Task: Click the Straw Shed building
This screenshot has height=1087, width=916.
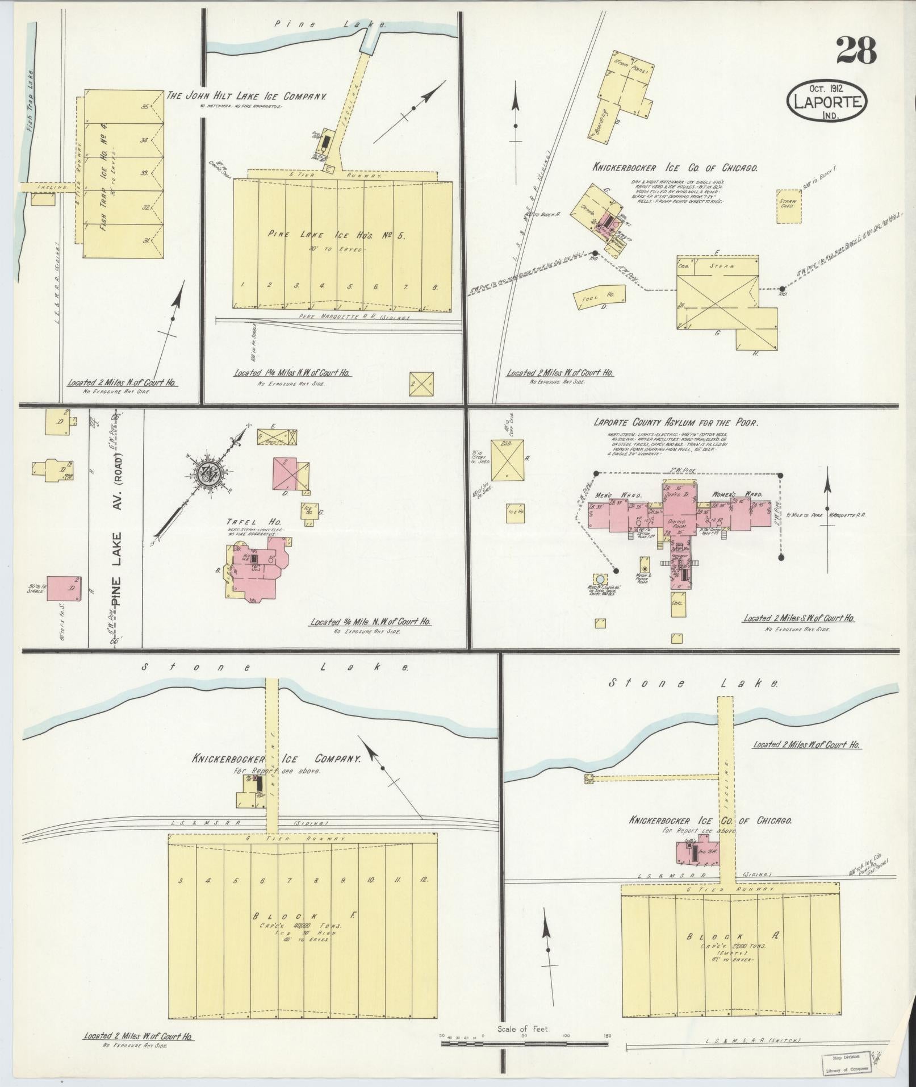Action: pos(789,204)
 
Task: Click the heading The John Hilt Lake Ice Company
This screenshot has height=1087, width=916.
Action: pos(246,97)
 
